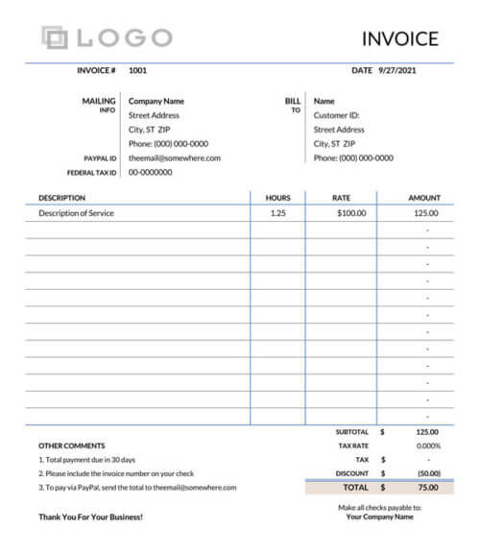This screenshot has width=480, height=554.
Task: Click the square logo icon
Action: (x=56, y=37)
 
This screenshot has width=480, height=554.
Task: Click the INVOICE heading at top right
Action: (x=400, y=39)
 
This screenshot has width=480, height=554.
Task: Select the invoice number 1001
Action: (x=137, y=70)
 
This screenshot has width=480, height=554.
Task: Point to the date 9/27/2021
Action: (x=397, y=70)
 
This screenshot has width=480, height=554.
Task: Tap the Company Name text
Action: (x=156, y=101)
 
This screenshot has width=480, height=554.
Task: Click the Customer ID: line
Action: (x=337, y=115)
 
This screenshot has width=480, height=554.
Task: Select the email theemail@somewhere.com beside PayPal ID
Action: (x=175, y=158)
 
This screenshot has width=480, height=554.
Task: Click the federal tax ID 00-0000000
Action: (x=151, y=173)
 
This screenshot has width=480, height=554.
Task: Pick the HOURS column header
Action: (x=277, y=198)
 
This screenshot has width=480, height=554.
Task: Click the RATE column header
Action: (x=341, y=198)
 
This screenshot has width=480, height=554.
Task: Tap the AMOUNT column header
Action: (x=423, y=198)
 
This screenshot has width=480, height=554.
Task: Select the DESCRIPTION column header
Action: (x=61, y=198)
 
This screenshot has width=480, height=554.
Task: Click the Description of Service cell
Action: (x=76, y=213)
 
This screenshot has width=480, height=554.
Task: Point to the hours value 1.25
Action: (x=277, y=213)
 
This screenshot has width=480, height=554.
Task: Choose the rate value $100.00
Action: (x=351, y=213)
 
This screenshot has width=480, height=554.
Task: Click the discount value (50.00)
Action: (x=428, y=473)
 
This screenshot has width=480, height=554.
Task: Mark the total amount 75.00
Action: (x=429, y=488)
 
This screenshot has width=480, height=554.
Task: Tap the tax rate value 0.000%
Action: (x=428, y=446)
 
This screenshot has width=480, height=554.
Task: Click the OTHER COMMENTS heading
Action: (x=71, y=446)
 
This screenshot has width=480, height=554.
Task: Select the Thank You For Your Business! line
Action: (x=90, y=517)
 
